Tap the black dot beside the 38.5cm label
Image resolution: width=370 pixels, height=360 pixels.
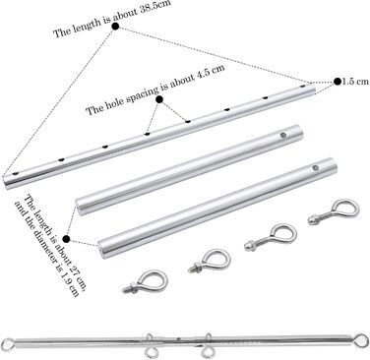click(115, 27)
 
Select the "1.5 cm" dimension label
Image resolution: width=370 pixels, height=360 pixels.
click(355, 82)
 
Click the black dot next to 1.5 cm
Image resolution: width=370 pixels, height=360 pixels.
click(338, 82)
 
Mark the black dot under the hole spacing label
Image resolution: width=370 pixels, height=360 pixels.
click(159, 99)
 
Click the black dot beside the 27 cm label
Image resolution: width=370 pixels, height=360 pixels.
click(66, 239)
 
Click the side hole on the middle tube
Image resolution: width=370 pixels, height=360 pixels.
click(283, 135)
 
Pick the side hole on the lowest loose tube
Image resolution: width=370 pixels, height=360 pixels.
click(316, 168)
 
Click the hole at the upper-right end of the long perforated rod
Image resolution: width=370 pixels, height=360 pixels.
click(303, 87)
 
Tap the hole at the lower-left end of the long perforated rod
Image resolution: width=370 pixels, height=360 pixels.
click(15, 173)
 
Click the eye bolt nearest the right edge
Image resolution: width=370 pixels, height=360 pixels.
click(334, 213)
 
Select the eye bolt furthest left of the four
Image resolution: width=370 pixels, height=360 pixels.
click(145, 282)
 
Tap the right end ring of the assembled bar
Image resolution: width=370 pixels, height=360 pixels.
click(361, 339)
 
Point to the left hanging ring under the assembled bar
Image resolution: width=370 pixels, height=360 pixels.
click(152, 352)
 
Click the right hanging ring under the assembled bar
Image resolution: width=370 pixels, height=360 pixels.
click(208, 352)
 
